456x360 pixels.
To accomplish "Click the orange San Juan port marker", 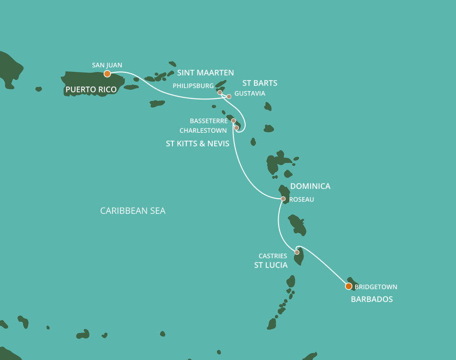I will [x=107, y=74].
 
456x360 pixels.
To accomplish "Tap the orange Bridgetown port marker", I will [x=348, y=286].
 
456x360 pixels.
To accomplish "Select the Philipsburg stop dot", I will [x=220, y=92].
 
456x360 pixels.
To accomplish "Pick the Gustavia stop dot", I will [x=229, y=96].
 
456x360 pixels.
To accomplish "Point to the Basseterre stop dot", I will [x=233, y=120].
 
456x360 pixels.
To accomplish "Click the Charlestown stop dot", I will [x=236, y=128].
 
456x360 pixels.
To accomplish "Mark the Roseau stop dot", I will [x=283, y=199].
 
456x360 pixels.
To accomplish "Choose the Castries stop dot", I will [x=297, y=252].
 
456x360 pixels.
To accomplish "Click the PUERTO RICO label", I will [x=91, y=90].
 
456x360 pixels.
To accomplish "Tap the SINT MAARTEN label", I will [x=205, y=73].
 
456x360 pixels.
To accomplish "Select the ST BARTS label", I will [x=259, y=83].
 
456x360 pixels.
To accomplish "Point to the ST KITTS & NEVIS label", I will [x=198, y=144].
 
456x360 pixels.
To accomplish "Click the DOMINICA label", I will [x=310, y=186].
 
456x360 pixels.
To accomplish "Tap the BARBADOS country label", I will [x=371, y=299].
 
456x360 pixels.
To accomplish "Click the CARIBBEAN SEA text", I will [x=133, y=211].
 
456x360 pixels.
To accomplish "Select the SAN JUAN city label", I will [x=107, y=65].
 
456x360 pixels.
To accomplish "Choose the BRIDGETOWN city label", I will [x=376, y=287].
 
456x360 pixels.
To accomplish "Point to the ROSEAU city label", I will [x=302, y=200].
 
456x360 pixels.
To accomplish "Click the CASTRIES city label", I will [x=273, y=256].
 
